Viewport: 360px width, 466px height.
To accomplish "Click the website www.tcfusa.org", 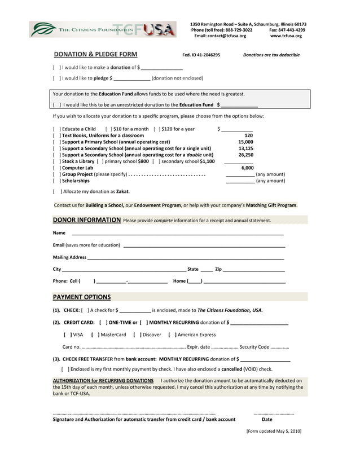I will click(286, 36).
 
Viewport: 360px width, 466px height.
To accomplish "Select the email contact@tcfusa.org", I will click(220, 36).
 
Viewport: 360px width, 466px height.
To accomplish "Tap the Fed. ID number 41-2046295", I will click(201, 55).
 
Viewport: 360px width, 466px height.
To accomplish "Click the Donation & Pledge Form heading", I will click(95, 55).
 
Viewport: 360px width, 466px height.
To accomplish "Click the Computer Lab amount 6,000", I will click(247, 168).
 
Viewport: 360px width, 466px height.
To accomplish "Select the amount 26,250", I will click(245, 155).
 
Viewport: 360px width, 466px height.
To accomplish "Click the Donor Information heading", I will click(87, 220).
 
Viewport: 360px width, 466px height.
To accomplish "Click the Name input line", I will click(177, 233).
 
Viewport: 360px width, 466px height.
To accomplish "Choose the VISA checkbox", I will click(67, 335).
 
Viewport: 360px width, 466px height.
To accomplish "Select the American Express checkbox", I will click(172, 335).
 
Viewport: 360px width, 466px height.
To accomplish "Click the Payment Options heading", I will click(82, 297).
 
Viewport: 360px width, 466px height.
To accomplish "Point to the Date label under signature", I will click(267, 419).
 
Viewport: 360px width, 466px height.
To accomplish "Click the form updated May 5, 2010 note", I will click(274, 431).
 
